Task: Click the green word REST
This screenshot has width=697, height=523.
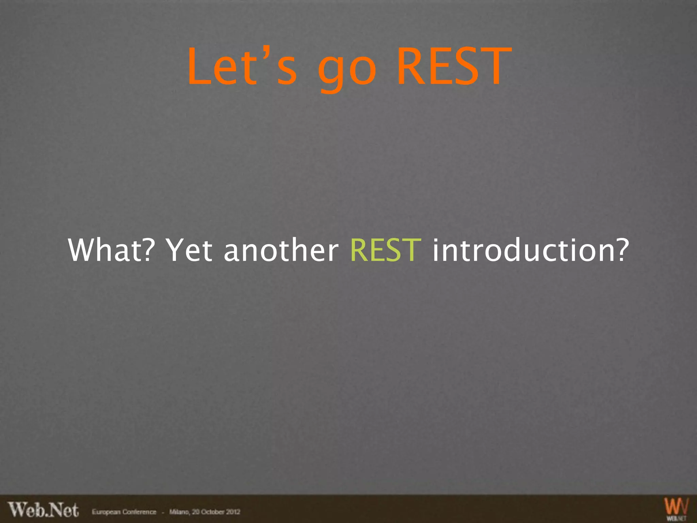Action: (386, 250)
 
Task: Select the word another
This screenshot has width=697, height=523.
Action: (281, 250)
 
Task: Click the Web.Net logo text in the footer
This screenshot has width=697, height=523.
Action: (44, 510)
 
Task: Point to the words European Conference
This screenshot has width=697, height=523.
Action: (124, 512)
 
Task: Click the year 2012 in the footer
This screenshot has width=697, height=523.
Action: (233, 512)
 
